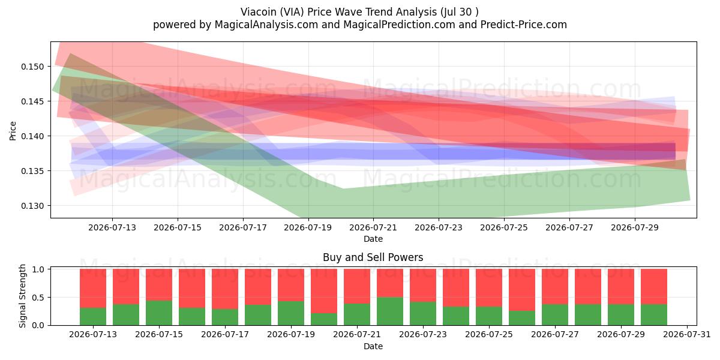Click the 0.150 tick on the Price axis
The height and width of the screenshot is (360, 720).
click(x=32, y=67)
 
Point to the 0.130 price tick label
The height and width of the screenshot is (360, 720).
click(x=32, y=206)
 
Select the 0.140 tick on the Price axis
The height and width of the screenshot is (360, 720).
click(x=32, y=136)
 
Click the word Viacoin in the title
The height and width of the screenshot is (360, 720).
click(x=259, y=12)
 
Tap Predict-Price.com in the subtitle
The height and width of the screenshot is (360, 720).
click(x=524, y=25)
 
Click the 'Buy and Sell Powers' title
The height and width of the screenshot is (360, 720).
click(x=373, y=257)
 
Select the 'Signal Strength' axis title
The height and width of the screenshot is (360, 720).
click(x=22, y=296)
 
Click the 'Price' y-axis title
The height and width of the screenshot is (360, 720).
click(x=13, y=131)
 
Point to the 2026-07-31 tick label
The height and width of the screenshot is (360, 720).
click(x=687, y=335)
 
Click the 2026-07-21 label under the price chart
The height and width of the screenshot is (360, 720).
click(x=373, y=227)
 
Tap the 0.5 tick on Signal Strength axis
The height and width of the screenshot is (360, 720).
click(x=38, y=298)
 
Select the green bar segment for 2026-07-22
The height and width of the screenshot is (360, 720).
click(x=390, y=311)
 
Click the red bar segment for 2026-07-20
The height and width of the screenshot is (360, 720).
click(x=324, y=291)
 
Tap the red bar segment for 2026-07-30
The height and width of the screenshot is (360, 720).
click(x=654, y=286)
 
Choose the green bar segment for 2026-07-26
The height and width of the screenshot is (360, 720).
click(x=522, y=318)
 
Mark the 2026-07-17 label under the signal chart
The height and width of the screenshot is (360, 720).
click(x=225, y=335)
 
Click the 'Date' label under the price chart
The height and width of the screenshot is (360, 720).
click(x=373, y=239)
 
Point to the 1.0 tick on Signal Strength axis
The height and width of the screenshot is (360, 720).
click(x=38, y=269)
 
